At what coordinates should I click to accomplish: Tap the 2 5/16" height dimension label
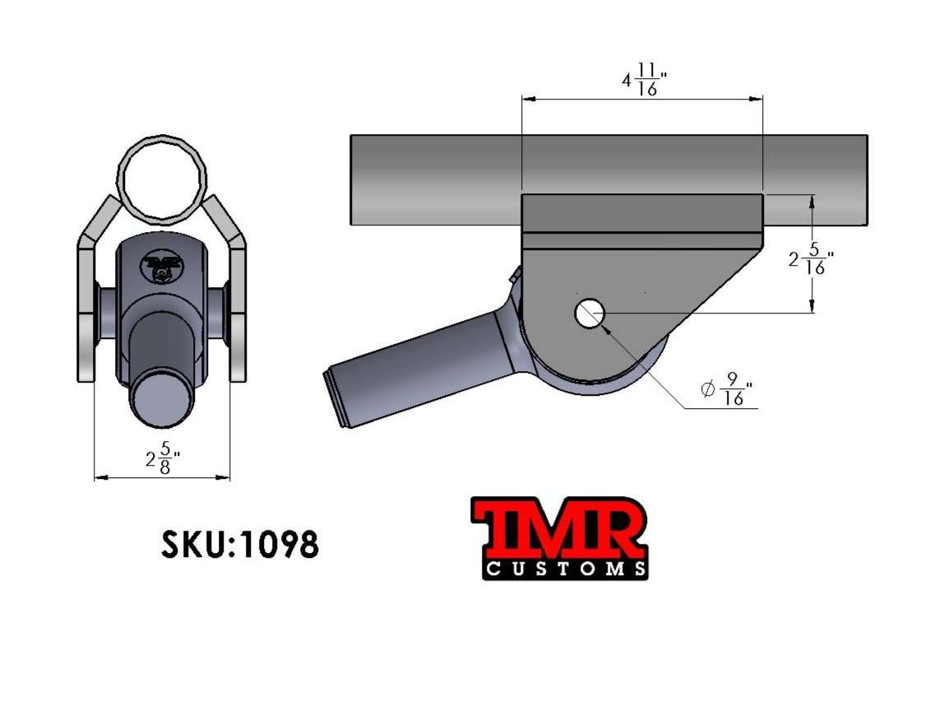[x=811, y=260]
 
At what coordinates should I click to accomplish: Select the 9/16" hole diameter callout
[x=728, y=389]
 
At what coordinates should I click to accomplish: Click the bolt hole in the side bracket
[x=589, y=314]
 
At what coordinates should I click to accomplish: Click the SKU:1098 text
[x=239, y=543]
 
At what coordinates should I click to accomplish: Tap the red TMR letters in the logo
[x=559, y=530]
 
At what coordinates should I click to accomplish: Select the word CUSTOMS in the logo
[x=565, y=569]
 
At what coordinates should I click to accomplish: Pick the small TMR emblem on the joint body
[x=161, y=266]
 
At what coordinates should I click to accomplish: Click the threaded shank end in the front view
[x=161, y=400]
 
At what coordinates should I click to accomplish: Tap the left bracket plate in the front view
[x=86, y=313]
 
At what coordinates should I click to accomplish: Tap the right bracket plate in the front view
[x=237, y=313]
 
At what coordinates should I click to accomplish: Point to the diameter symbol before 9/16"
[x=707, y=389]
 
